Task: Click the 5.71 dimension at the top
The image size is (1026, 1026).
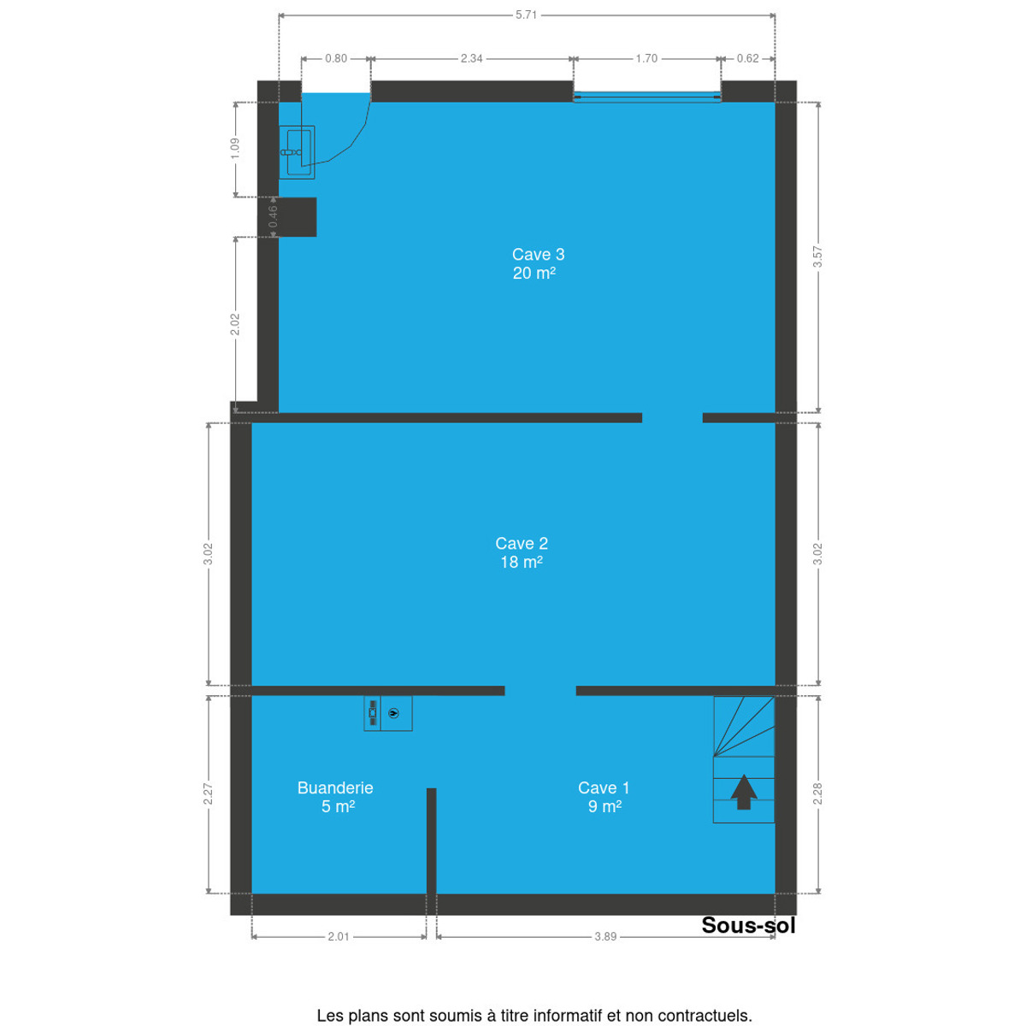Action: click(526, 15)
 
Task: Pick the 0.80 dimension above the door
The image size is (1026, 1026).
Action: click(336, 59)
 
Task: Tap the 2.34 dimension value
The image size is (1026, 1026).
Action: click(472, 59)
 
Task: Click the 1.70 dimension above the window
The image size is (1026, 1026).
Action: click(647, 59)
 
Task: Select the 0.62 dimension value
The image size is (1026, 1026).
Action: click(747, 59)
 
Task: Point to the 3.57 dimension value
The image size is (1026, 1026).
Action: click(818, 256)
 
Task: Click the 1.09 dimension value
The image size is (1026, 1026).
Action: click(235, 149)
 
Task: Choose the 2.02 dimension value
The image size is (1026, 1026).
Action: click(235, 324)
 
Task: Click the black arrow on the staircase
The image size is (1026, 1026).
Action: click(743, 792)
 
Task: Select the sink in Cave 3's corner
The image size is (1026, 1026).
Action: click(297, 152)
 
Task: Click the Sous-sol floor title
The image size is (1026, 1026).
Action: click(748, 925)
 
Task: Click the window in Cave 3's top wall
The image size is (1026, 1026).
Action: click(647, 97)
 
